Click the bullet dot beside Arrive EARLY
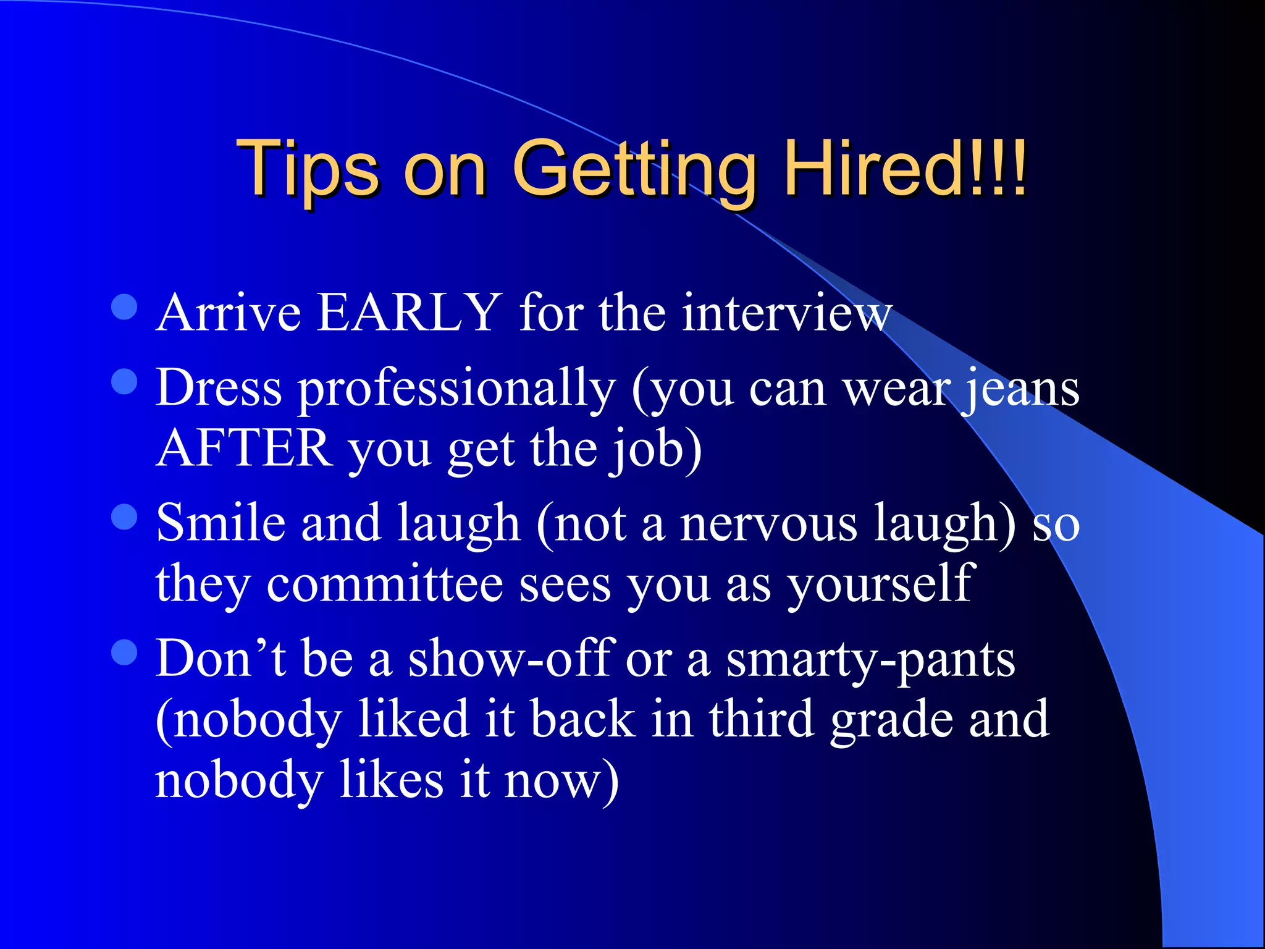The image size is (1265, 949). click(124, 307)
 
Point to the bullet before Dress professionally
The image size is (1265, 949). click(124, 382)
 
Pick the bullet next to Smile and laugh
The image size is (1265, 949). click(124, 517)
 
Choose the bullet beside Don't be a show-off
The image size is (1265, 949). click(124, 652)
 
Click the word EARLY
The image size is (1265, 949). click(408, 313)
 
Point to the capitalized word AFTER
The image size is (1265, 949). click(245, 449)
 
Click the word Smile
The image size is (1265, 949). click(221, 523)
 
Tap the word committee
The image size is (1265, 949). click(385, 584)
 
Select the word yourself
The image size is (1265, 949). click(881, 584)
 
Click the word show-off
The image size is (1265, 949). click(510, 659)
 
